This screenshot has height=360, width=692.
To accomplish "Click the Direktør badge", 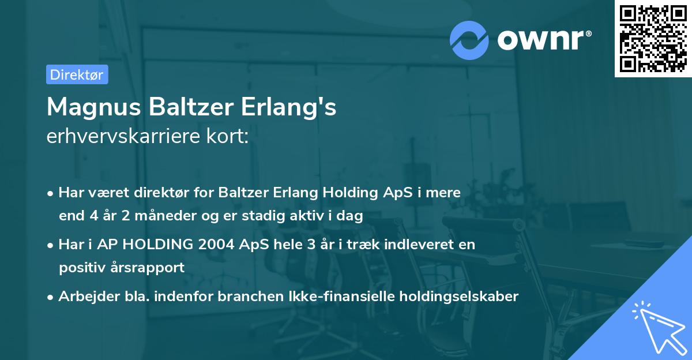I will (x=77, y=75).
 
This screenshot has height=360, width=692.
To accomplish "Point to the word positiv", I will (x=80, y=268).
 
